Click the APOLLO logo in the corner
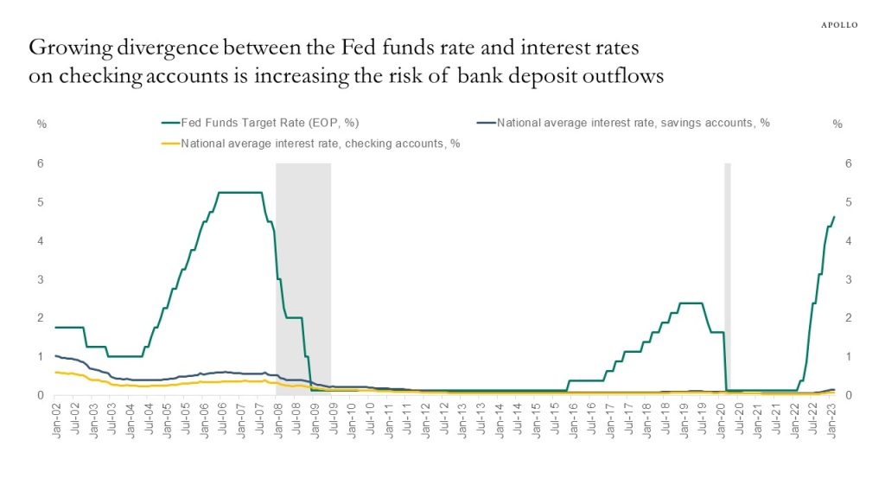[x=838, y=24]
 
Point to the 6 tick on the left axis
[x=41, y=163]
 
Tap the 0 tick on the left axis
[x=41, y=395]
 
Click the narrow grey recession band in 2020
[x=728, y=277]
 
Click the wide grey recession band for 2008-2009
[x=303, y=277]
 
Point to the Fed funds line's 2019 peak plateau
[x=690, y=303]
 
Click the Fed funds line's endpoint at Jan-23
[x=833, y=217]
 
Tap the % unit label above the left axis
[x=41, y=124]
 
